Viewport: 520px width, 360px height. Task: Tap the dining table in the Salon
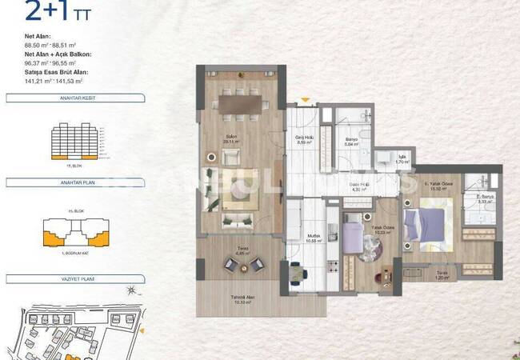click(238, 104)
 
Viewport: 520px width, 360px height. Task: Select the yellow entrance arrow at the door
click(303, 100)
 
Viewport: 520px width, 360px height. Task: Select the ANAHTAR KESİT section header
click(53, 98)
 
